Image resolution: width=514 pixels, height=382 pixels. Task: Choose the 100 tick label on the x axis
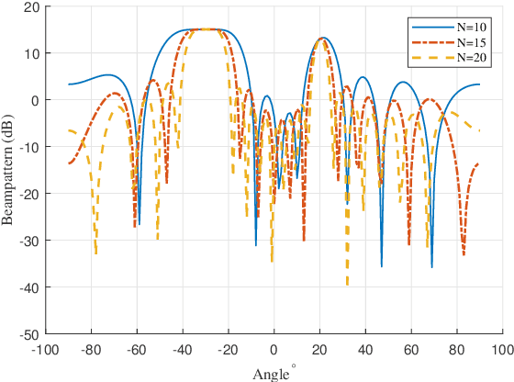pyautogui.click(x=501, y=350)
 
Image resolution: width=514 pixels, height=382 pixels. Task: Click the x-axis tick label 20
pyautogui.click(x=318, y=350)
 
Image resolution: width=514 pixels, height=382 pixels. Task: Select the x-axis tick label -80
pyautogui.click(x=89, y=350)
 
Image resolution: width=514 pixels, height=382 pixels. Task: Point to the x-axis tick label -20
pyautogui.click(x=227, y=350)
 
